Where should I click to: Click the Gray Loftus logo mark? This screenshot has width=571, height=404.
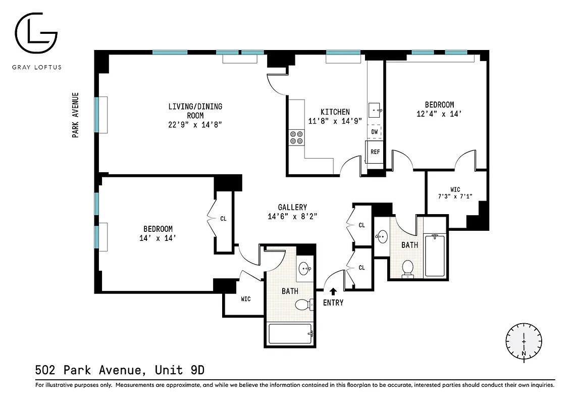click(36, 36)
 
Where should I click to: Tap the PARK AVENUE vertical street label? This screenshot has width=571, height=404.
click(75, 115)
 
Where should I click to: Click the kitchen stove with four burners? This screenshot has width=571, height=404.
click(296, 137)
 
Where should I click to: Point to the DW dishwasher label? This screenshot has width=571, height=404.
click(375, 132)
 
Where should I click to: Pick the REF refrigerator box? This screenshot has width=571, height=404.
click(375, 152)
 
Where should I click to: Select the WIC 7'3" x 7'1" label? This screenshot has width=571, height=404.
click(455, 193)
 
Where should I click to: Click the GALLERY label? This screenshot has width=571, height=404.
click(292, 207)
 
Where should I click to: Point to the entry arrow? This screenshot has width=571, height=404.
click(333, 291)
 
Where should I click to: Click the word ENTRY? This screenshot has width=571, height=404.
click(333, 302)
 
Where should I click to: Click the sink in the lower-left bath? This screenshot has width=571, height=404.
click(304, 268)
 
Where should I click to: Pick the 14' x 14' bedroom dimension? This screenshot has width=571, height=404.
click(158, 238)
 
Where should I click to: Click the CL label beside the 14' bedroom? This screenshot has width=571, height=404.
click(223, 219)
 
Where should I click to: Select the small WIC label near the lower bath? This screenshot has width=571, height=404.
click(245, 299)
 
